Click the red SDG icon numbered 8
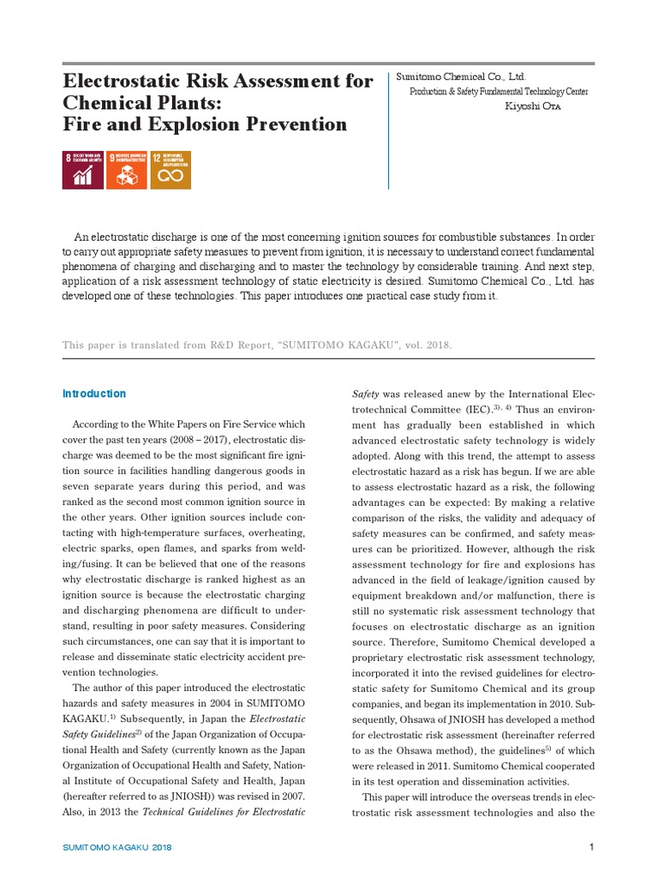coord(84,170)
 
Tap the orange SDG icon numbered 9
coord(127,170)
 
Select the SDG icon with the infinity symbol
coord(170,170)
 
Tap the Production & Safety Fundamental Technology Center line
coord(499,92)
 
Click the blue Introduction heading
coord(94,394)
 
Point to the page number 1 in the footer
coord(591,847)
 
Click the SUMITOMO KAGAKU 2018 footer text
coord(117,847)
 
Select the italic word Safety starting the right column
coord(368,394)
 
